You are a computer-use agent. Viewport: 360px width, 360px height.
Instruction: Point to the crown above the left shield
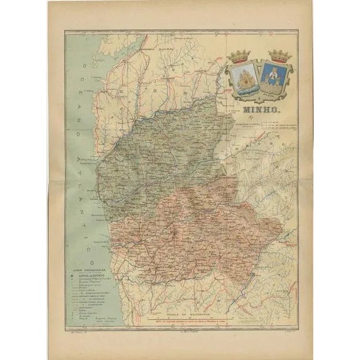(x=241, y=56)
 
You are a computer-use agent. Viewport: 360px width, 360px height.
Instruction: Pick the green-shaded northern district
(x=162, y=150)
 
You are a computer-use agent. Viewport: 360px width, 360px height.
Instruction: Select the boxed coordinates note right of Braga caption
(x=277, y=124)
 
